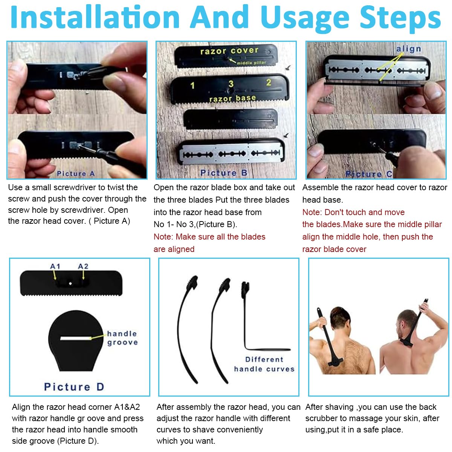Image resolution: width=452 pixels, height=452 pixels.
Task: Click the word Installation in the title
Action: tap(95, 17)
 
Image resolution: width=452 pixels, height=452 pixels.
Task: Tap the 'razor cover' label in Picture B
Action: tap(229, 51)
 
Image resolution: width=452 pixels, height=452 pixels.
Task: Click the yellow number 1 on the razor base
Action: tap(192, 86)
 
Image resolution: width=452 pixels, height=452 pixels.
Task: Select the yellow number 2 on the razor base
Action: tap(269, 82)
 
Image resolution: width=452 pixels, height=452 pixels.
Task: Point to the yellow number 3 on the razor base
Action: tap(231, 84)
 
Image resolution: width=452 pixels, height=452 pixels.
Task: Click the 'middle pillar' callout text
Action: tap(251, 63)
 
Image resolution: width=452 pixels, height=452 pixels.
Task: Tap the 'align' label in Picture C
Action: tap(409, 49)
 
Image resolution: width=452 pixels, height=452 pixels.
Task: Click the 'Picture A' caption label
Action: tap(76, 173)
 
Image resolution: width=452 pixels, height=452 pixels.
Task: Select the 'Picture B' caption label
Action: tap(223, 173)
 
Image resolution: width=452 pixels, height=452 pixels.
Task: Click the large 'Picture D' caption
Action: tap(74, 387)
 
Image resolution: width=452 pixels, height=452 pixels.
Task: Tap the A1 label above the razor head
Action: tap(55, 266)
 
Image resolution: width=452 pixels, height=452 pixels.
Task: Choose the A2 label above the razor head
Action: tap(83, 266)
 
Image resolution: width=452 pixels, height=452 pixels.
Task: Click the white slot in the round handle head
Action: tap(76, 338)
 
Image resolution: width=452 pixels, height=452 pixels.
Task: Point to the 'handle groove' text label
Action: tap(122, 338)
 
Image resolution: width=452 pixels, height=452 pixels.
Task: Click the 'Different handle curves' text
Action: tap(264, 364)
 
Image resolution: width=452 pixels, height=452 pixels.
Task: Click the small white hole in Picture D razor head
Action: tap(70, 284)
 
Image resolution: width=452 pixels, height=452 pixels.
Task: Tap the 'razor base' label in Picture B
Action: tap(232, 98)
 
